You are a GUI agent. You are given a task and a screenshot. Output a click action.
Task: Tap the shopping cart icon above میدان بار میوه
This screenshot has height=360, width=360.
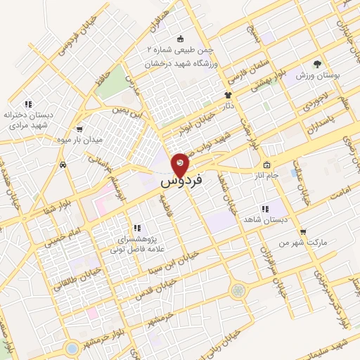click(x=79, y=129)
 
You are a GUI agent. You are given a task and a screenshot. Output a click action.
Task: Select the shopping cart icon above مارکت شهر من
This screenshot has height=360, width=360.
click(x=302, y=231)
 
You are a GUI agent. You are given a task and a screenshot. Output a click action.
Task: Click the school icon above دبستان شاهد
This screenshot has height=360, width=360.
click(x=265, y=209)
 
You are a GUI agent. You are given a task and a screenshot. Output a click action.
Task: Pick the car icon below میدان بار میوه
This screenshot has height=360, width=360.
click(x=64, y=164)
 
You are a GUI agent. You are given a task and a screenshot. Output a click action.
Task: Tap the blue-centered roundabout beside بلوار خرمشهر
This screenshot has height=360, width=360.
click(x=71, y=347)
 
